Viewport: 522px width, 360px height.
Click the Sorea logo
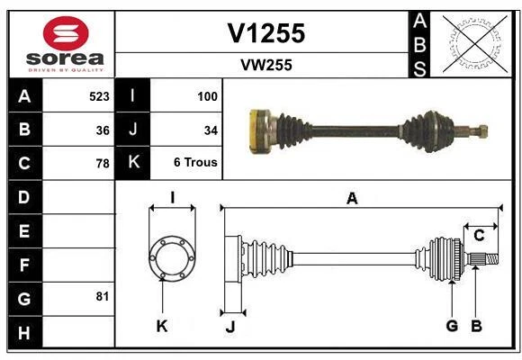66,44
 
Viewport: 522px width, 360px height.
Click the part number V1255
265,33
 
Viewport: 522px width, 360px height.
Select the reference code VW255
265,65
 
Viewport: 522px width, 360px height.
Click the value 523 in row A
99,96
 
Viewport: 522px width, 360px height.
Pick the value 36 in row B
103,130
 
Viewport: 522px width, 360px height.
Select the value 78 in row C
103,164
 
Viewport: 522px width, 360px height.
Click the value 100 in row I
207,96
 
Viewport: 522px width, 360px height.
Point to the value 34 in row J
211,130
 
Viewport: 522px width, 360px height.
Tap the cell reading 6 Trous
195,163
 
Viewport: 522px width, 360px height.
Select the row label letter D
24,197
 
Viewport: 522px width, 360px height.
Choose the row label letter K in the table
133,163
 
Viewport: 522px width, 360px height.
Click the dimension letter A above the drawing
352,199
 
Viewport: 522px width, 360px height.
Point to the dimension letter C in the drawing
480,236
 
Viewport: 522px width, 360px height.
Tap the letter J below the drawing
229,327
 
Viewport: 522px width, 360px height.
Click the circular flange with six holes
171,256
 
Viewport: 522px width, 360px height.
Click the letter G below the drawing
452,326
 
